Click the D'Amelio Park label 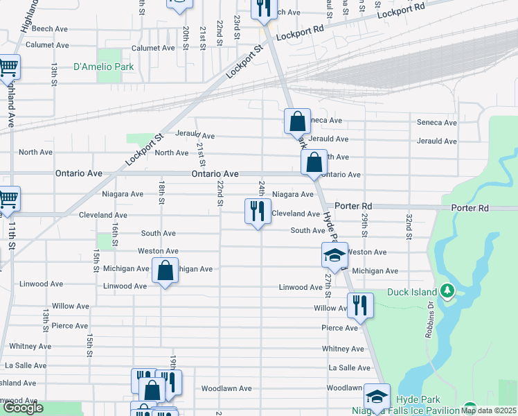(103, 67)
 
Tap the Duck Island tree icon (447, 291)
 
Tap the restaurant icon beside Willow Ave (359, 305)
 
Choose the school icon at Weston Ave (334, 254)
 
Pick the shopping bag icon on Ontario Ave (314, 163)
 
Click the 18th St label (161, 193)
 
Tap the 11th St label (12, 236)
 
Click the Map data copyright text (488, 410)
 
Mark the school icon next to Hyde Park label (376, 397)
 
